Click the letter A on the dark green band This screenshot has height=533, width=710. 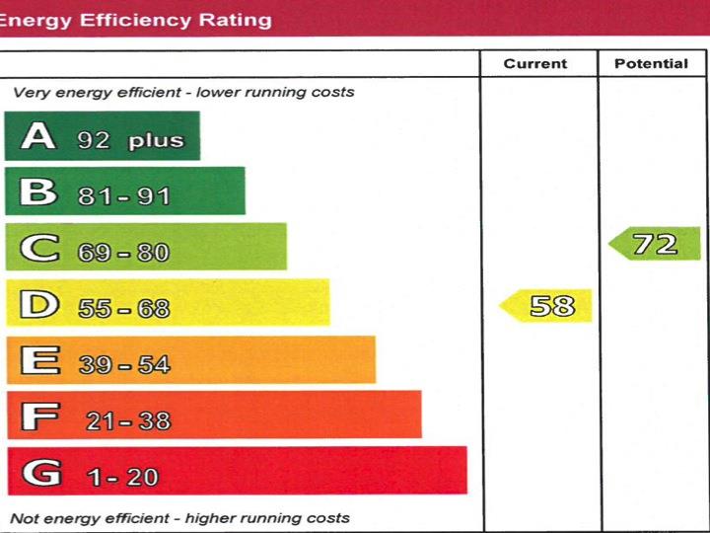tap(38, 135)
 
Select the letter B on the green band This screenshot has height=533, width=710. tap(38, 190)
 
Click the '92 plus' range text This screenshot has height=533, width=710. tap(131, 140)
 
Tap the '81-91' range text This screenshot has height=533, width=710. tap(124, 196)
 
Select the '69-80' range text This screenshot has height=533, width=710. tap(124, 253)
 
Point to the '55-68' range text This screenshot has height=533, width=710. tap(124, 309)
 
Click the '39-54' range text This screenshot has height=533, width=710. tap(124, 365)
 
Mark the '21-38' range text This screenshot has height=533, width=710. tap(128, 421)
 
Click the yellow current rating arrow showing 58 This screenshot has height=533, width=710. tap(546, 306)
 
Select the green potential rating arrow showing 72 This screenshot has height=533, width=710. tap(655, 244)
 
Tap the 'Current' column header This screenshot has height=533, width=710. tap(535, 64)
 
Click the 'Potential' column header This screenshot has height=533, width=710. tap(651, 64)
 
